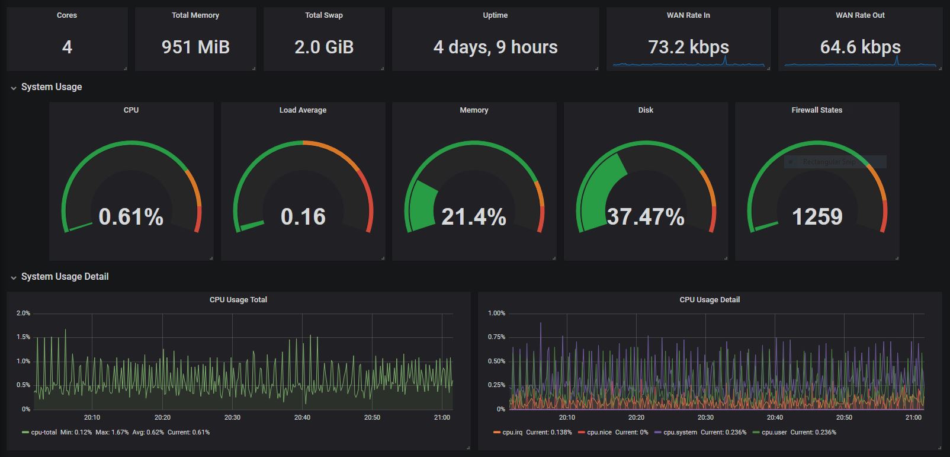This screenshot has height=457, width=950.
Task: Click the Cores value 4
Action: (x=67, y=47)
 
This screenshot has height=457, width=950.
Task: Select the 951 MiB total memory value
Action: (x=195, y=47)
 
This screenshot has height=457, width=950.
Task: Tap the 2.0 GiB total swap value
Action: (x=324, y=47)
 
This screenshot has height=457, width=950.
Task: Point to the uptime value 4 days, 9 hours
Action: (x=495, y=47)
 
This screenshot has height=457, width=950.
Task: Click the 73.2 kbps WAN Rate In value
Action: (x=688, y=47)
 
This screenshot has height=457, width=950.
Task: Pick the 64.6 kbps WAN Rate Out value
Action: (x=860, y=47)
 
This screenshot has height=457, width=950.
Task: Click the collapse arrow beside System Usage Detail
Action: (x=14, y=277)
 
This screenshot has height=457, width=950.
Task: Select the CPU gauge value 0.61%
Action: (x=131, y=217)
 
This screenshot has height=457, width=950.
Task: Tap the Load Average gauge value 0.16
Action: (x=303, y=217)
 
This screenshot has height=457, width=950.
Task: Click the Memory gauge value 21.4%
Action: (x=474, y=217)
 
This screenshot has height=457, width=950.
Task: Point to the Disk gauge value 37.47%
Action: (x=646, y=217)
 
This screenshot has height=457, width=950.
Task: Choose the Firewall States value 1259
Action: (x=817, y=217)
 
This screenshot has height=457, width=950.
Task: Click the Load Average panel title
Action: (x=303, y=110)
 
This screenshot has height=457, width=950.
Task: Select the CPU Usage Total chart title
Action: (x=238, y=299)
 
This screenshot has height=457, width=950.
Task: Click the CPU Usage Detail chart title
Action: (x=710, y=299)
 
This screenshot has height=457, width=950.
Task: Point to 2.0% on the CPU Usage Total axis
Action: (x=23, y=313)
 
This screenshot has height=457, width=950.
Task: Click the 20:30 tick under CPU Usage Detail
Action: (x=705, y=417)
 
